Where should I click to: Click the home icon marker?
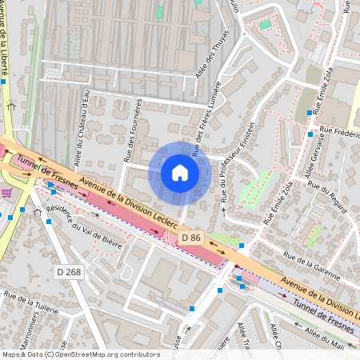(x=180, y=173)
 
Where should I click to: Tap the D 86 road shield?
(x=190, y=238)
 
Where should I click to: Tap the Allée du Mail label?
(x=332, y=340)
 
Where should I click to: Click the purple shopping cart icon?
(x=6, y=193)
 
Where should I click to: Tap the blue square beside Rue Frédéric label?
(x=310, y=134)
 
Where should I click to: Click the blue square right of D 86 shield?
(x=241, y=245)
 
